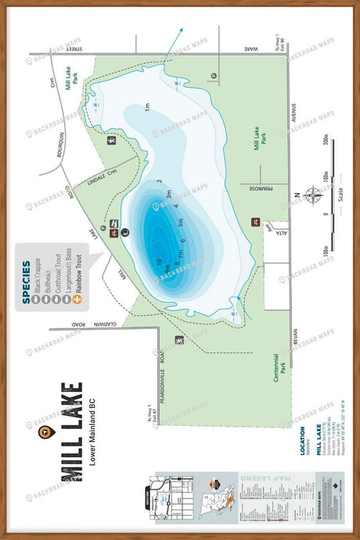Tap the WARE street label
250,49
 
